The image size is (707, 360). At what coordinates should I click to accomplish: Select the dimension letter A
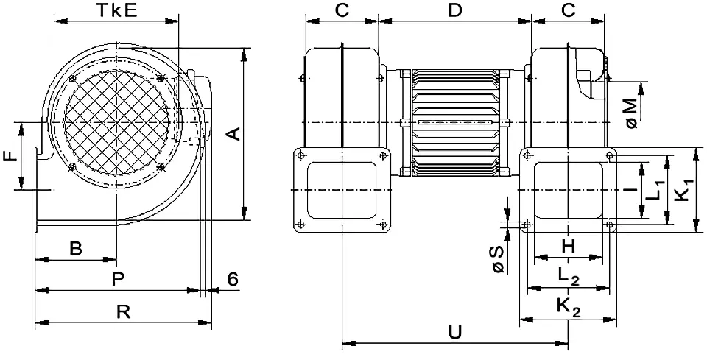(232, 133)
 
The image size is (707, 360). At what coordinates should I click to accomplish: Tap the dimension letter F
(10, 157)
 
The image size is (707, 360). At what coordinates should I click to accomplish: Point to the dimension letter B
(75, 249)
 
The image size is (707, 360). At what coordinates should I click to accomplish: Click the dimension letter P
(116, 279)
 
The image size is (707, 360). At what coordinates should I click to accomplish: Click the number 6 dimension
(232, 279)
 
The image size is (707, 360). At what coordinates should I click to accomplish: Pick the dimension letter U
(454, 332)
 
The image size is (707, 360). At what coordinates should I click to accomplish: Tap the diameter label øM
(633, 111)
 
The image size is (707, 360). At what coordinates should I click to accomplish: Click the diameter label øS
(499, 259)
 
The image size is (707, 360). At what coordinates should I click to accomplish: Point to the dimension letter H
(569, 247)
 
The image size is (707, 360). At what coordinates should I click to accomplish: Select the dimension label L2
(569, 275)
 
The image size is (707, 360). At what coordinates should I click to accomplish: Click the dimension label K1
(685, 191)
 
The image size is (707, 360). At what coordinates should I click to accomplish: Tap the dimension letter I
(630, 189)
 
